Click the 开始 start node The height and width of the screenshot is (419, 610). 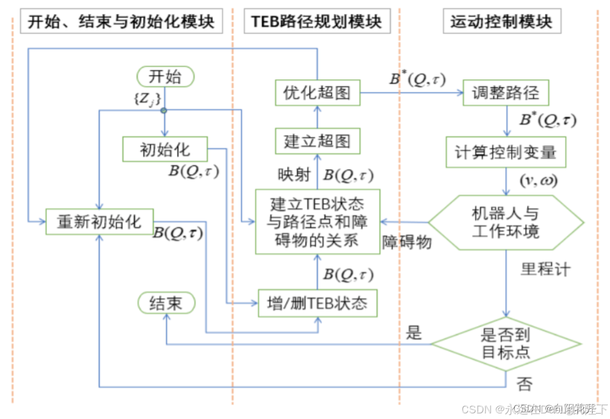[165, 76]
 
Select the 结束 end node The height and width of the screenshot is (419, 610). [165, 304]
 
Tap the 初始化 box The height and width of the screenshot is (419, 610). [165, 149]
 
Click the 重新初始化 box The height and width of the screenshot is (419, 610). [99, 221]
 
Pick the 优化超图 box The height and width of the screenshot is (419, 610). [317, 93]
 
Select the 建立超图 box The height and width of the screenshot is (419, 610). [317, 141]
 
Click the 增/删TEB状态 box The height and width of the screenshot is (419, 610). [317, 304]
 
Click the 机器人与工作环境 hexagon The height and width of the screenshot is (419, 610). [505, 222]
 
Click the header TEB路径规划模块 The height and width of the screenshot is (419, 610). [316, 22]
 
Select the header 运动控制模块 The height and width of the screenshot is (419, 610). [501, 22]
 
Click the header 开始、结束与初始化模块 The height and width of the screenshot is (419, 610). [122, 22]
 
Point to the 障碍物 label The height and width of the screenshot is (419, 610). [407, 242]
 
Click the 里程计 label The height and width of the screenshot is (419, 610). [545, 269]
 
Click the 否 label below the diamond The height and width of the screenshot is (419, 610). [524, 384]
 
